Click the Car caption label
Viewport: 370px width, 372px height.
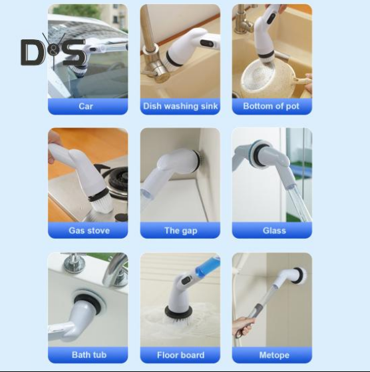click(86, 106)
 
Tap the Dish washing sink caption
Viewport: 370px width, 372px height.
click(180, 106)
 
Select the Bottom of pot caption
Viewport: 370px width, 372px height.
click(272, 106)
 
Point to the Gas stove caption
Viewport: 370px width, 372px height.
click(89, 231)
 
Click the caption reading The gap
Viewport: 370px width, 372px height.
click(181, 231)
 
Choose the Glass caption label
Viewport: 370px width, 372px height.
click(274, 231)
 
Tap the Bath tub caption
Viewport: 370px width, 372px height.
click(89, 355)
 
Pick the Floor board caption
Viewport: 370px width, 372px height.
click(180, 355)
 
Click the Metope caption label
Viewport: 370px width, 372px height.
click(274, 355)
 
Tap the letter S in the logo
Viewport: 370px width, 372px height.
click(73, 52)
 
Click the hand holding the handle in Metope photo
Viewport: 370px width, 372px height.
click(244, 326)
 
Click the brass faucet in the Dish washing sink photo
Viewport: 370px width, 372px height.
click(154, 55)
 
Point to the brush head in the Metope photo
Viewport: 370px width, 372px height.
click(299, 275)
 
